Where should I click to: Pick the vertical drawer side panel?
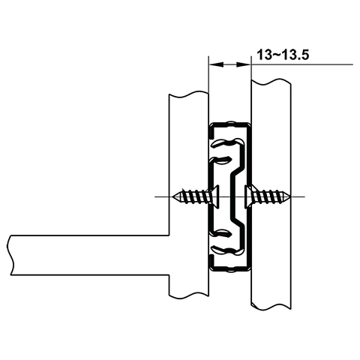(x=188, y=150)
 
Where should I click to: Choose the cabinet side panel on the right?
(x=271, y=135)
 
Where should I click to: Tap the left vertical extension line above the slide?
(x=207, y=90)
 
